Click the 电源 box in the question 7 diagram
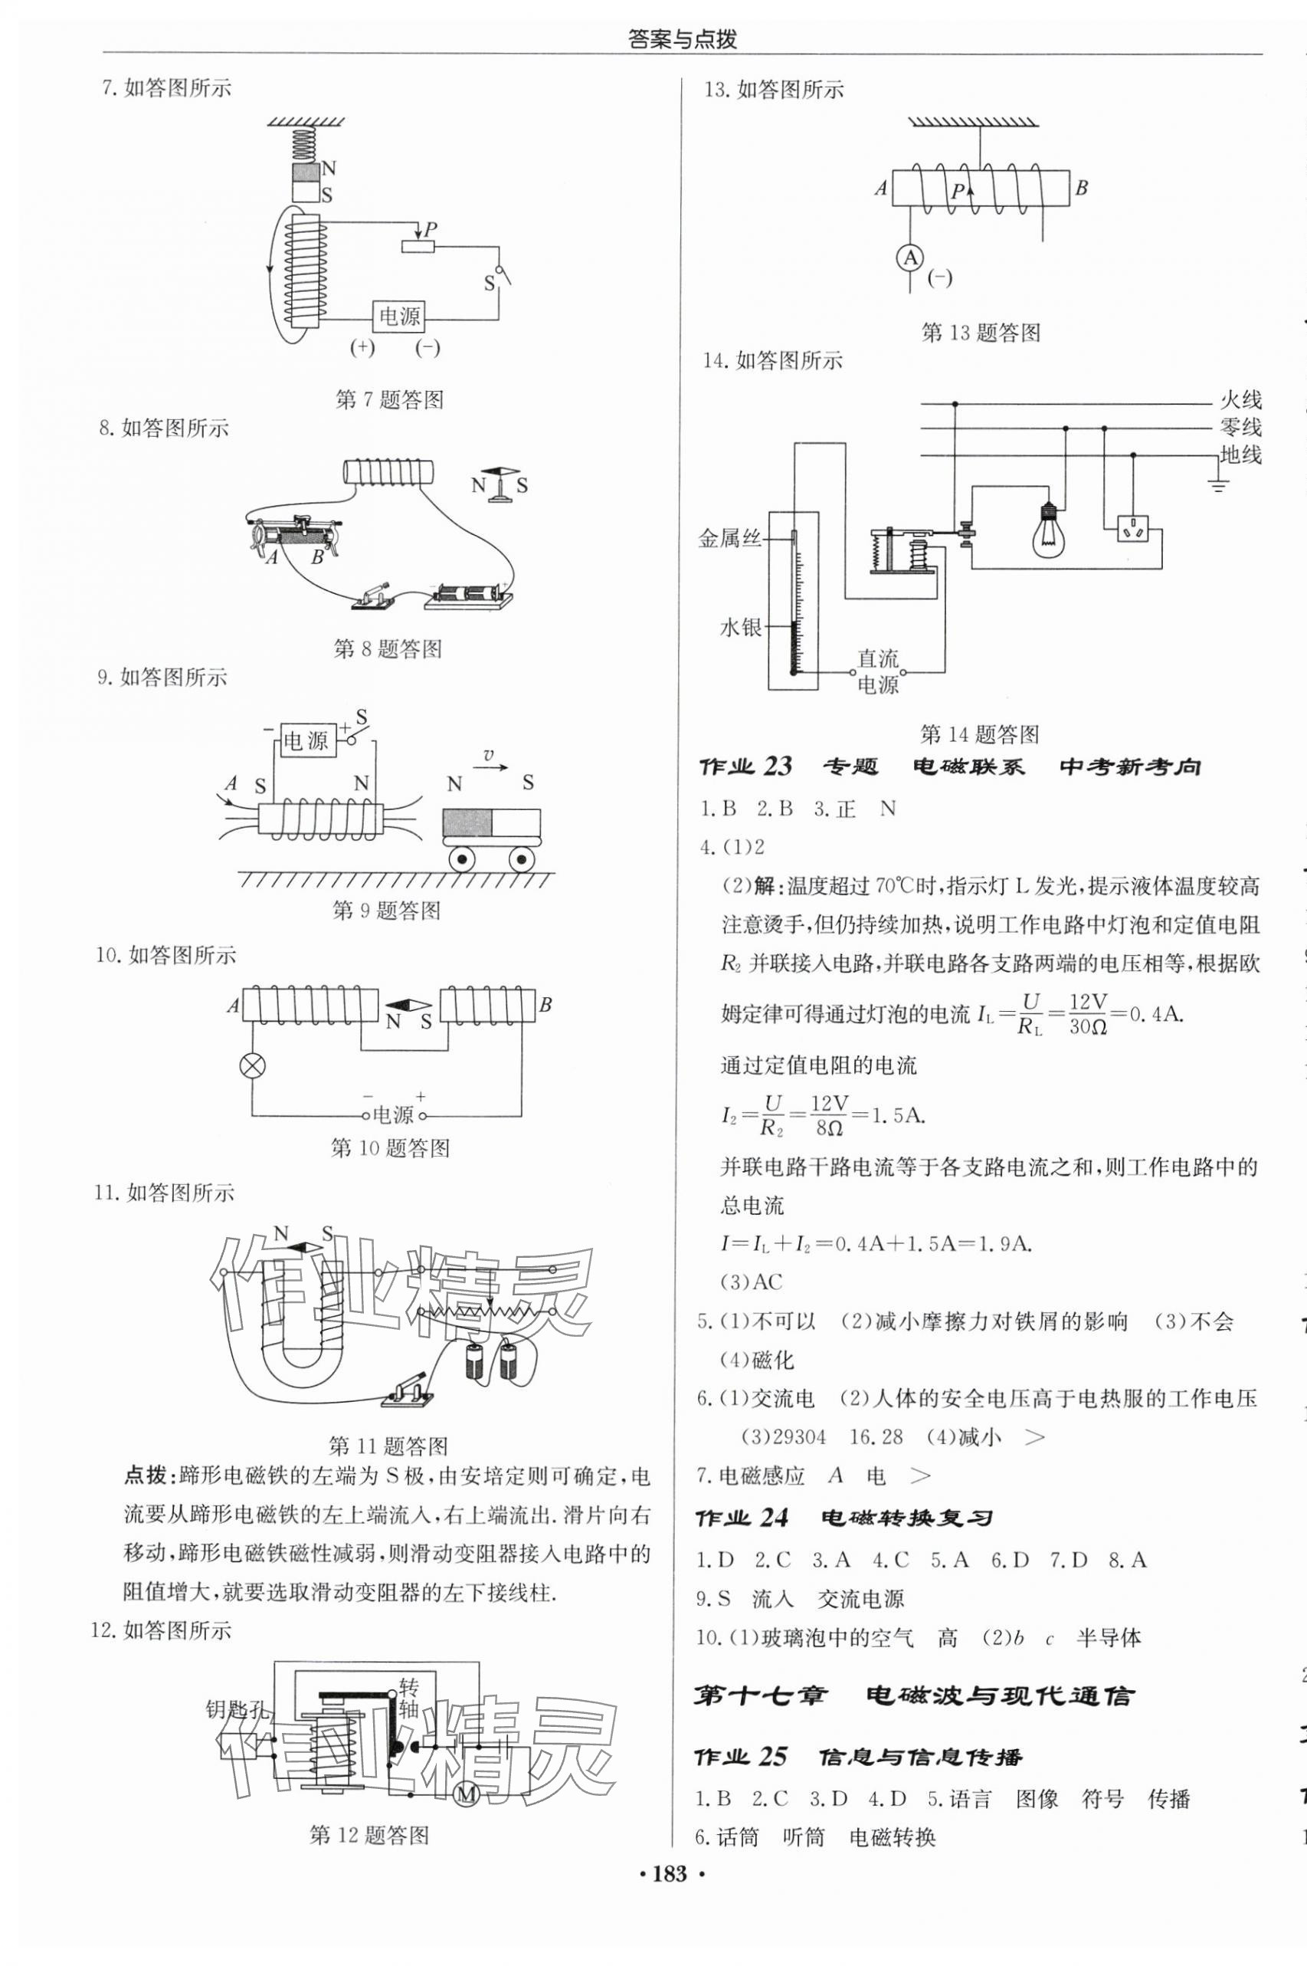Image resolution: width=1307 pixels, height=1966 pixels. (400, 316)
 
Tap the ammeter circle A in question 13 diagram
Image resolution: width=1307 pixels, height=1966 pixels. (911, 258)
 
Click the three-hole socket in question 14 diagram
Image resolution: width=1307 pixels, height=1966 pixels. (1133, 529)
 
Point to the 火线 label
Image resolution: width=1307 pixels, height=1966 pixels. (1240, 400)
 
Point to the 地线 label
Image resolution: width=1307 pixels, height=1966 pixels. (1240, 455)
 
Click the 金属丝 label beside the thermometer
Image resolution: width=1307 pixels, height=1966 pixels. (730, 539)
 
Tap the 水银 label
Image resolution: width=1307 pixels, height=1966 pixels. (740, 627)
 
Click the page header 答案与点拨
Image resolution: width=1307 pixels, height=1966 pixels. (683, 39)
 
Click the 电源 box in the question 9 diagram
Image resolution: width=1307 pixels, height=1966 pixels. (306, 740)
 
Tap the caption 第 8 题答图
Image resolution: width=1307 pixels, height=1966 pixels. (388, 648)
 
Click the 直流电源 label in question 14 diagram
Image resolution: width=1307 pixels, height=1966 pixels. (878, 671)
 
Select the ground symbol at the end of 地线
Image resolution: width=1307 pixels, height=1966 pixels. (1219, 484)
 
